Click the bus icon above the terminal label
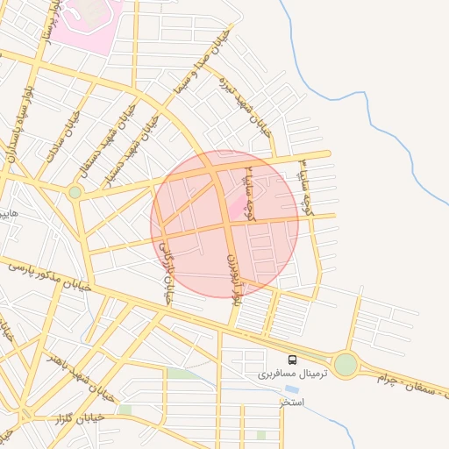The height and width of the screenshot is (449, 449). (292, 360)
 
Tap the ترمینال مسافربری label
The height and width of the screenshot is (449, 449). (290, 374)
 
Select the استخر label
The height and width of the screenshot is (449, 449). (291, 402)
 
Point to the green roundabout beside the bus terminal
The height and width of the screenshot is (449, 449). (346, 364)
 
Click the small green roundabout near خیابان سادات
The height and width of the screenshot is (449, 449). (75, 192)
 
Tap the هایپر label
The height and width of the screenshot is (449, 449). (8, 213)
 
